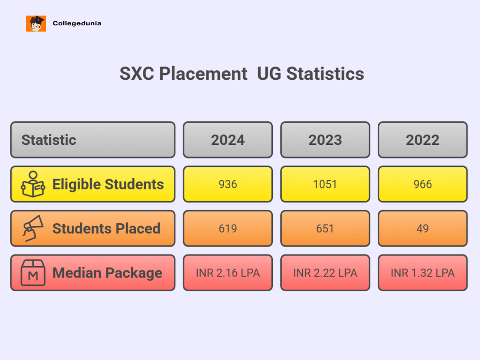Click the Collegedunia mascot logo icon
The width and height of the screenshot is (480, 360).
(x=36, y=23)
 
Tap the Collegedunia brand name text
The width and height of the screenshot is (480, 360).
(x=77, y=23)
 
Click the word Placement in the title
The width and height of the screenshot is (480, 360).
(x=203, y=74)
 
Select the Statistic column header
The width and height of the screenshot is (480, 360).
(x=49, y=140)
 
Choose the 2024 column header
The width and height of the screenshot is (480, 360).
(x=228, y=140)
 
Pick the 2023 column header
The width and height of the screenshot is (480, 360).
(x=325, y=140)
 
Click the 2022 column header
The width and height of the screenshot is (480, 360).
(x=423, y=140)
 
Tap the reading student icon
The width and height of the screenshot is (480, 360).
(x=33, y=184)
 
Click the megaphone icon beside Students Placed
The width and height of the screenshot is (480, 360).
(x=33, y=228)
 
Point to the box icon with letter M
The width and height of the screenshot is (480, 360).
(x=33, y=273)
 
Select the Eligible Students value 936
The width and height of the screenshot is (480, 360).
(x=228, y=184)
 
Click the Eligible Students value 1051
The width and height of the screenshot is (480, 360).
(x=325, y=184)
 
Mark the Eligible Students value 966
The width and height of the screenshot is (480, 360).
(x=423, y=184)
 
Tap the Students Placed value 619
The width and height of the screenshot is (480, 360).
(x=228, y=229)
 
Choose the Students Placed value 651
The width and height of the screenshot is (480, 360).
(x=325, y=229)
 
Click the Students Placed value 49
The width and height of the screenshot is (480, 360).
(x=423, y=229)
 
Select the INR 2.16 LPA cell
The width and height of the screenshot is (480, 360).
(x=228, y=273)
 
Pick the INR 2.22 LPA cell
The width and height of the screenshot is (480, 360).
(x=325, y=273)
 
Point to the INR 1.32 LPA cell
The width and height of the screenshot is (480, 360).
(x=423, y=273)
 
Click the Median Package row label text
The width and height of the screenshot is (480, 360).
(x=107, y=273)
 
